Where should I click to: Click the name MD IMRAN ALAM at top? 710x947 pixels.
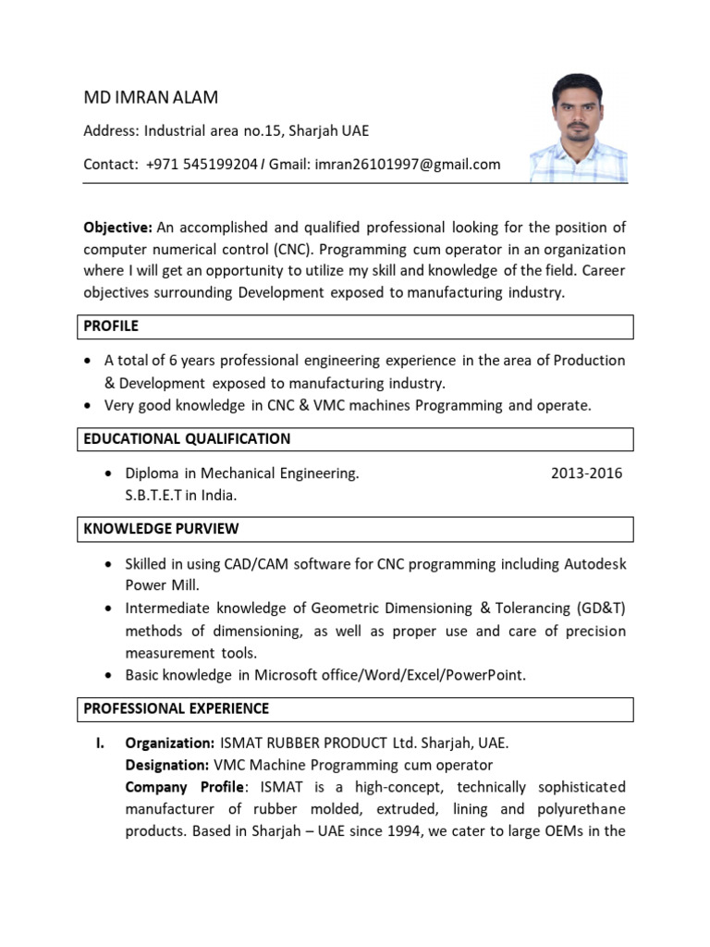click(152, 98)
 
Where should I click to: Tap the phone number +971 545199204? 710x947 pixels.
click(202, 165)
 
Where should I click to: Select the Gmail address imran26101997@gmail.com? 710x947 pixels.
click(394, 165)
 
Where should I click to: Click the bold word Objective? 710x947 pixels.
click(117, 228)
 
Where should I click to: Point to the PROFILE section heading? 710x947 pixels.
click(111, 326)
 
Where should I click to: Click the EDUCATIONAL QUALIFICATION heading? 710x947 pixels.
click(187, 439)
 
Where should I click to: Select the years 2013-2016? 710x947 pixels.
click(586, 473)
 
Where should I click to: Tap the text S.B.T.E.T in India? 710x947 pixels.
click(181, 496)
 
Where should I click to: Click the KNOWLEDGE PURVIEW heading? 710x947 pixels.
click(161, 529)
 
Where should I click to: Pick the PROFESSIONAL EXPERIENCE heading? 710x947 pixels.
click(177, 709)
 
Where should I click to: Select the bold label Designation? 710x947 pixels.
click(166, 766)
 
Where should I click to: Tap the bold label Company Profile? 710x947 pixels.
click(186, 787)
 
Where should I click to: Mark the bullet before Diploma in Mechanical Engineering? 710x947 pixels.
click(110, 473)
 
